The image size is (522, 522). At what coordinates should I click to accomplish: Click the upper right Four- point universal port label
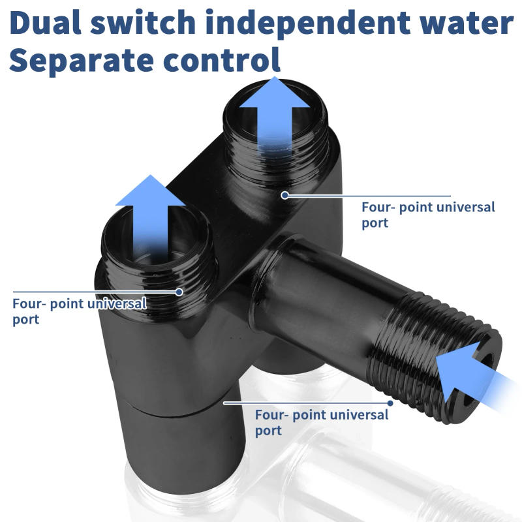coord(428,215)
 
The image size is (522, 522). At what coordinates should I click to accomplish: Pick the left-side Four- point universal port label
coord(78,311)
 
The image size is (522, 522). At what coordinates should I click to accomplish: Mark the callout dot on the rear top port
coord(284,194)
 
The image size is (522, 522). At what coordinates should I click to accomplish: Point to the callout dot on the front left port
coord(180,292)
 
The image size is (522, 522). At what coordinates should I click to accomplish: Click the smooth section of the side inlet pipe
coord(326,287)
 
